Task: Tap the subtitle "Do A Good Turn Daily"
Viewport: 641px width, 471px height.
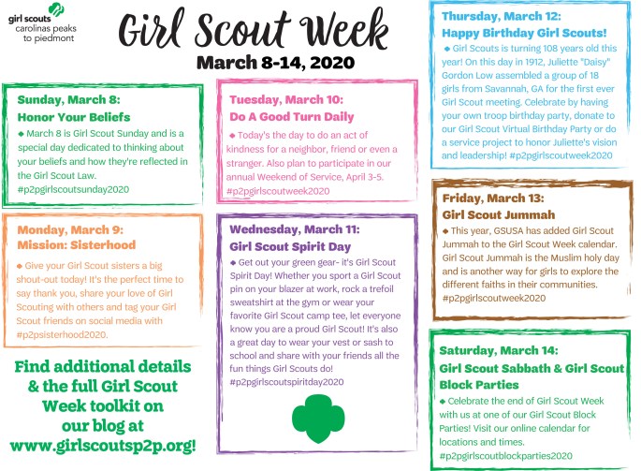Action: click(292, 117)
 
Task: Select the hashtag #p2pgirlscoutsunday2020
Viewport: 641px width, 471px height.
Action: click(73, 189)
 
